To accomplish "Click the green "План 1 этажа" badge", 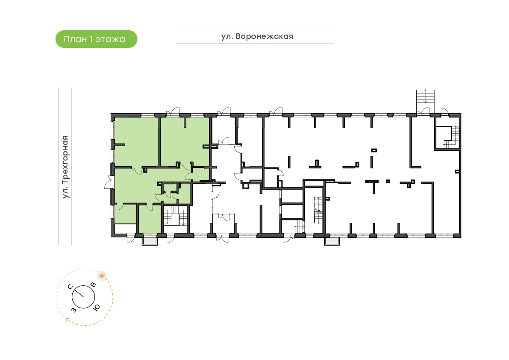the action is point(97,39).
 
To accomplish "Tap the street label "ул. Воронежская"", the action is point(257,36).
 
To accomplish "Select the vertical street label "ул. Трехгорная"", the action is point(65,167).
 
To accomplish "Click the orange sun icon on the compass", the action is point(102,276).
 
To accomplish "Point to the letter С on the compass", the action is point(70,287).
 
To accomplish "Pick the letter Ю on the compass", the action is point(97,307).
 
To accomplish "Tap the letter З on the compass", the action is point(74,310).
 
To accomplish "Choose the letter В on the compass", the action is point(94,285).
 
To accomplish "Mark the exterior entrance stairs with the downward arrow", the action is point(425,97).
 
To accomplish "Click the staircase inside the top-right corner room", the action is point(452,138).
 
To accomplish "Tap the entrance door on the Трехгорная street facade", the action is point(108,184).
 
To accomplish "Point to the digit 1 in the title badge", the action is point(91,39).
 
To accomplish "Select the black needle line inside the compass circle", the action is point(78,292).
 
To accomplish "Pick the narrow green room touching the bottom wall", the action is point(150,219).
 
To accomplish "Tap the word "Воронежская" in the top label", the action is point(264,36).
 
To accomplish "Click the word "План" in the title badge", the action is point(75,39).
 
